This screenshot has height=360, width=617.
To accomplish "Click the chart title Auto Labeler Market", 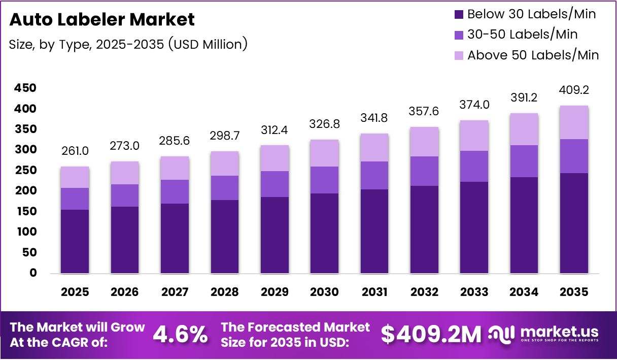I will pos(102,19).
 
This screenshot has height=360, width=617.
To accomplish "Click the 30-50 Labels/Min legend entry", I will pos(522,35).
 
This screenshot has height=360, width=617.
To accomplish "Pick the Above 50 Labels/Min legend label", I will pos(533,55).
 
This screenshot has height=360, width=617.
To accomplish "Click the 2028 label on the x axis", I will pos(225,292).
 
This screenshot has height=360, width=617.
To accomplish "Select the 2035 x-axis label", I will pos(574,292).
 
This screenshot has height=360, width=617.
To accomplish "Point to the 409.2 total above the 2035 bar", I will pos(574,90).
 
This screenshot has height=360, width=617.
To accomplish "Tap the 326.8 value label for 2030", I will pos(324,124).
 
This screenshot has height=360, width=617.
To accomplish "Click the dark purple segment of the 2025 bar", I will pos(75,241).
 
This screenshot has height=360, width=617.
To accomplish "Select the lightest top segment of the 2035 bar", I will pos(574,122).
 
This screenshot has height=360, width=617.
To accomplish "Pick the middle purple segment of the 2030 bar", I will pos(324,180).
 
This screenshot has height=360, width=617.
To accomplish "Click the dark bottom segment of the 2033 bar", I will pos(474,227).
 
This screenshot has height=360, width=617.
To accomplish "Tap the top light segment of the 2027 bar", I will pos(175,168).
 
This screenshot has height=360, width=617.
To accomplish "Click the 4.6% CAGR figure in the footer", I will pos(180,335).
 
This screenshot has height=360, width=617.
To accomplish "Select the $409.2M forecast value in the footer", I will pos(431,334).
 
